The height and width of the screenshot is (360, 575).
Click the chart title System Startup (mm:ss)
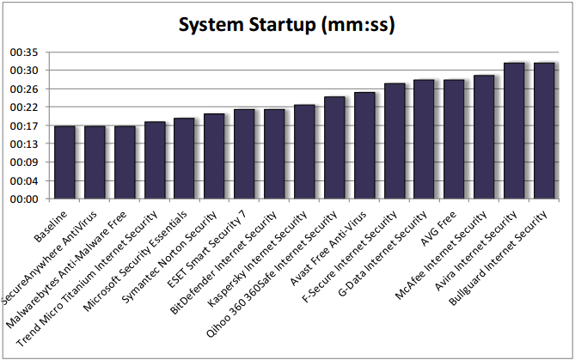coord(287,25)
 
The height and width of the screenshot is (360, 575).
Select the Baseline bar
coord(64,162)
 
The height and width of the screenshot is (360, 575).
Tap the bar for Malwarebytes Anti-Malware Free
coord(125,162)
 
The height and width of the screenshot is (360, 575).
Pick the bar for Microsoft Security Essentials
coord(184,158)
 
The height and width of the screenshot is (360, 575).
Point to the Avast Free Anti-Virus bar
coord(364,145)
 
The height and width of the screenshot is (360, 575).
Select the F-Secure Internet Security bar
coord(395,141)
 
